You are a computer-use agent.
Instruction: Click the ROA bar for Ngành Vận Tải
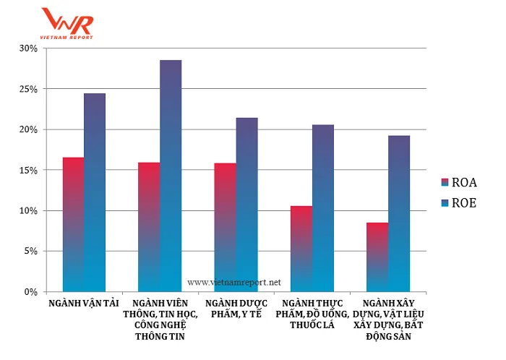pyautogui.click(x=73, y=224)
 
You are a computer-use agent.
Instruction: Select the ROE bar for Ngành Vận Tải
pyautogui.click(x=95, y=192)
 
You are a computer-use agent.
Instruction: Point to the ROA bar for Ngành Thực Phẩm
pyautogui.click(x=301, y=249)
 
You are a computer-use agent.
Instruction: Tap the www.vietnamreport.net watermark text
pyautogui.click(x=233, y=282)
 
